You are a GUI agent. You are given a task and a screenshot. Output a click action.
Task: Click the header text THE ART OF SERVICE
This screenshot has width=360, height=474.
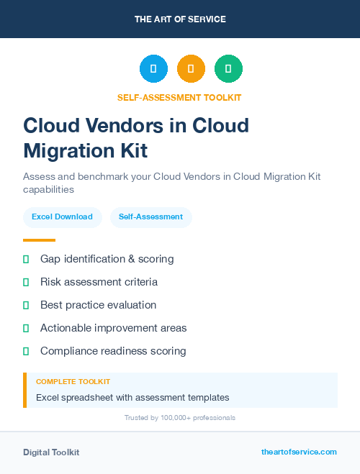(x=180, y=19)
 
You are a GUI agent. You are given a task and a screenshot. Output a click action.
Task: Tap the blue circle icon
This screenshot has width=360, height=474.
(x=153, y=69)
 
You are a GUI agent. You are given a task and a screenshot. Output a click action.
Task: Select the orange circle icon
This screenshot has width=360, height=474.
(x=191, y=69)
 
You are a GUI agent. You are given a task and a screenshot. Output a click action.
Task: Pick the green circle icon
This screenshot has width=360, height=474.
(x=228, y=69)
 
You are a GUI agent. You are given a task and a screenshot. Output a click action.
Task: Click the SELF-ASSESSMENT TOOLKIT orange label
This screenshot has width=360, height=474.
(x=179, y=97)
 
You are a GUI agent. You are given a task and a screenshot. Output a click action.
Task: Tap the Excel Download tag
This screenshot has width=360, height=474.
(x=62, y=217)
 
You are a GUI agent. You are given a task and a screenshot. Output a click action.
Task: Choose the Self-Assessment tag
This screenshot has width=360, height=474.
(x=150, y=217)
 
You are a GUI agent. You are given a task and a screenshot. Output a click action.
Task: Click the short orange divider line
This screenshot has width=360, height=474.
(x=39, y=240)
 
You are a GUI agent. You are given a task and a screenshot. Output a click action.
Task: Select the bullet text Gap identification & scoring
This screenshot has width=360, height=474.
(x=107, y=259)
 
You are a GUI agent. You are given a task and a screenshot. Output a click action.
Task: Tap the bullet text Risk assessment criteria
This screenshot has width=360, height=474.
(x=99, y=282)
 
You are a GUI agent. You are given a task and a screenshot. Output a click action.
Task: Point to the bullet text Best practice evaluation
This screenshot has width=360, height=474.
(x=98, y=305)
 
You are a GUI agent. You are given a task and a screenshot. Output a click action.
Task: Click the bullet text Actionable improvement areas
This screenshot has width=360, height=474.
(x=113, y=328)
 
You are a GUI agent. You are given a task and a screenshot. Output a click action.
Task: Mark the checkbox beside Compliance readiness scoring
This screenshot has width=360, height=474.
(x=26, y=351)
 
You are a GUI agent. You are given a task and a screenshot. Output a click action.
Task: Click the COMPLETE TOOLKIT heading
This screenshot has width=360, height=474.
(x=73, y=382)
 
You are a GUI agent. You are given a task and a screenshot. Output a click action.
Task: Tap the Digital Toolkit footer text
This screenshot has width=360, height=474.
(x=51, y=452)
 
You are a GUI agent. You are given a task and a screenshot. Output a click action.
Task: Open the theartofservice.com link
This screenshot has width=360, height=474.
(x=299, y=452)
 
